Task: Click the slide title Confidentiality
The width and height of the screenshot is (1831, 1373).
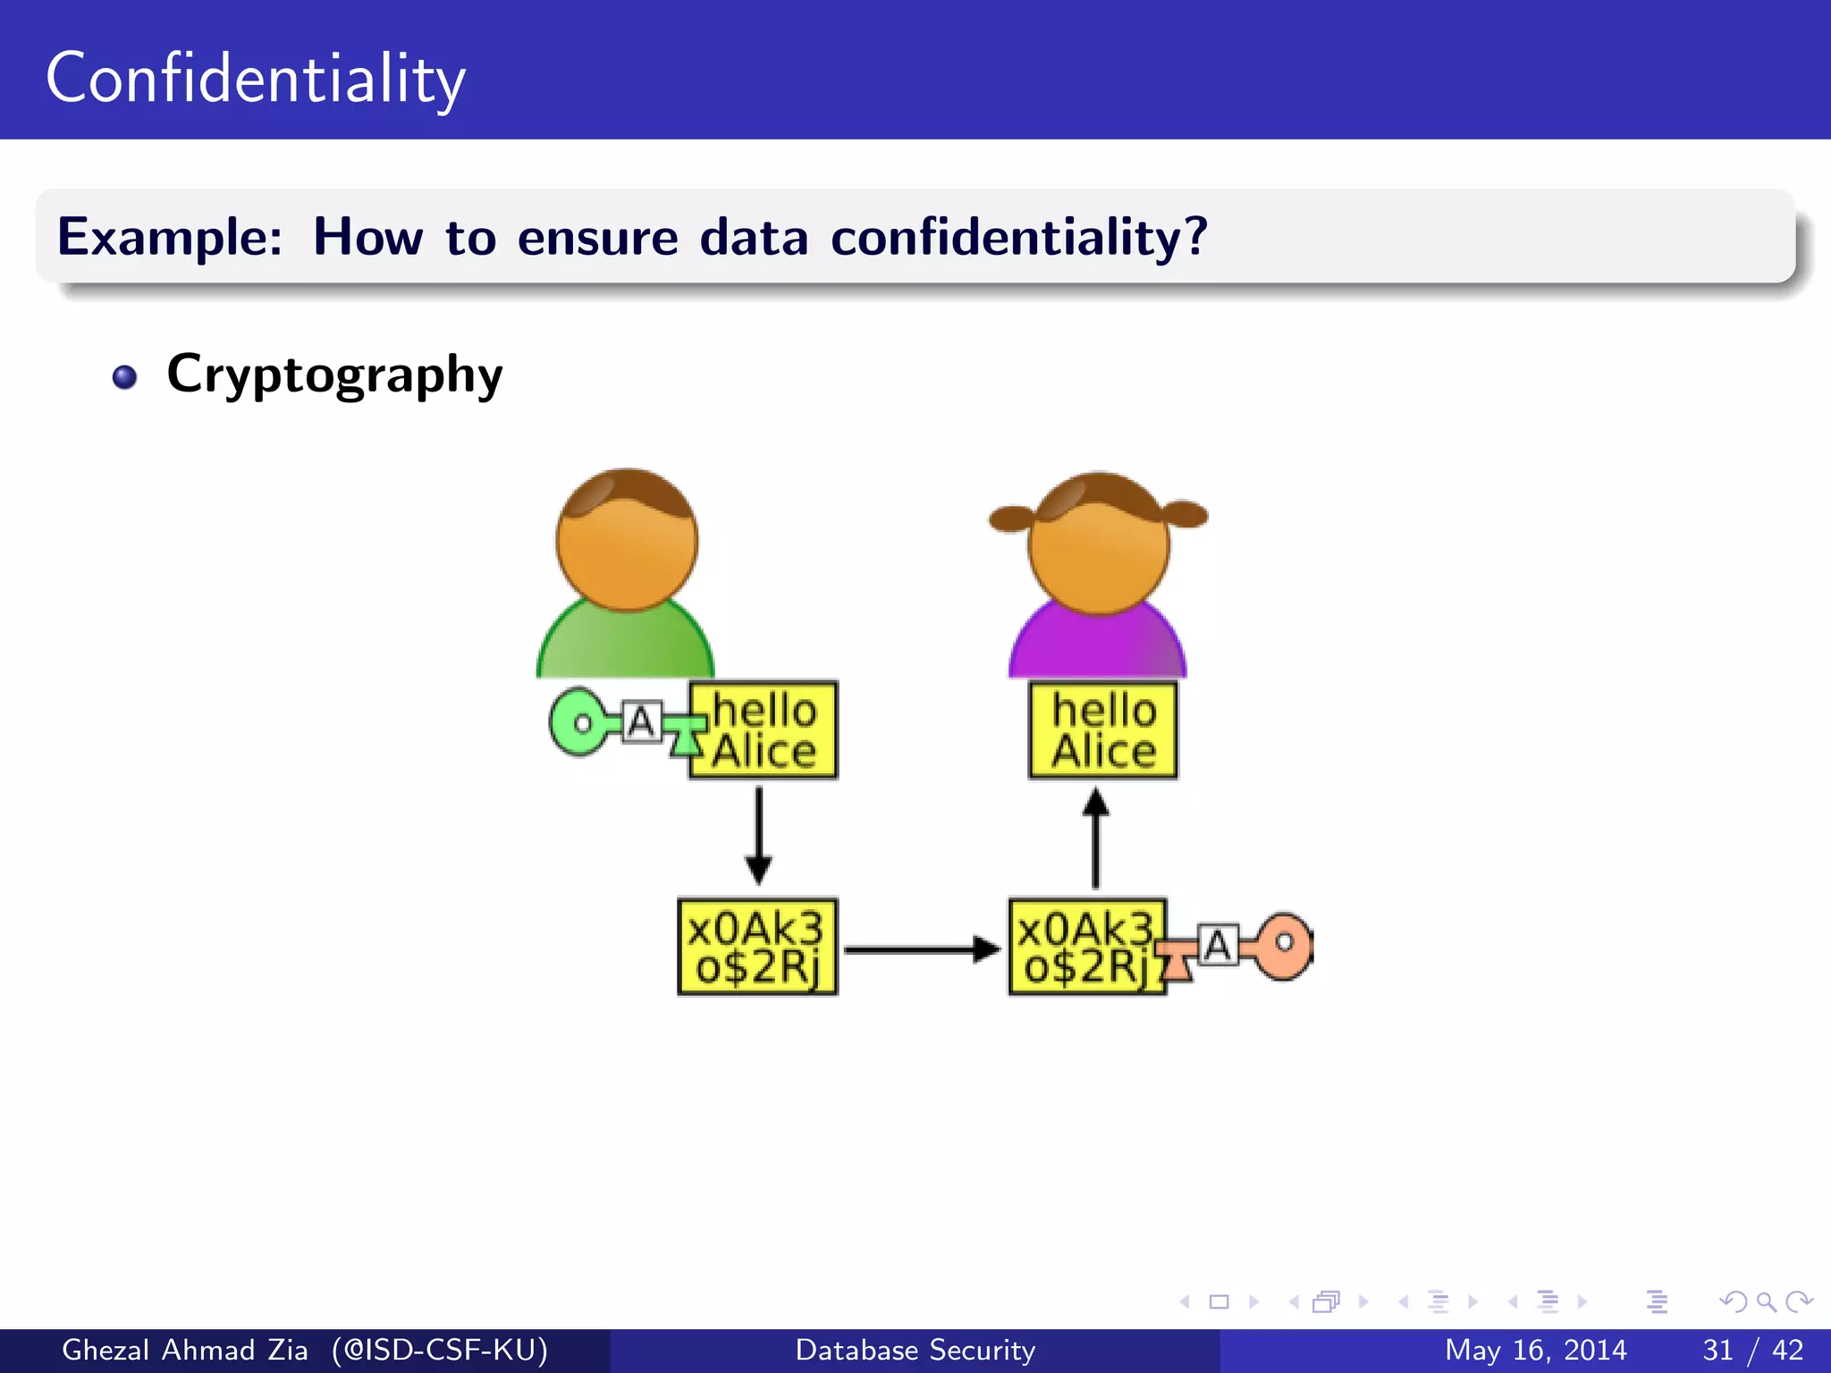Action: click(x=256, y=79)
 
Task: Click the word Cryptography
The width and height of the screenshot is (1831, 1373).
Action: click(x=334, y=375)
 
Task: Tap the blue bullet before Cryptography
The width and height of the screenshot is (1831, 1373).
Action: click(x=125, y=377)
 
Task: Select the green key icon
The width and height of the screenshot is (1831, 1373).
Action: click(x=581, y=722)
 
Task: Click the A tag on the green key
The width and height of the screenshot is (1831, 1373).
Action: click(x=641, y=722)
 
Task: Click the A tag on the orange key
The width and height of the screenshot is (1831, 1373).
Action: click(x=1218, y=946)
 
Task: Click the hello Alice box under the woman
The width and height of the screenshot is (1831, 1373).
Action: click(x=1103, y=730)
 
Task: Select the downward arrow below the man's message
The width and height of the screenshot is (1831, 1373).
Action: click(x=759, y=835)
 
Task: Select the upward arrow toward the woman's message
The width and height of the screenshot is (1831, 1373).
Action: click(x=1096, y=837)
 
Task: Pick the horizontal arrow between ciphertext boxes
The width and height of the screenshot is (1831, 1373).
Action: click(x=921, y=949)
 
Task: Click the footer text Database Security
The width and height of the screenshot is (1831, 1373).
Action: click(x=915, y=1350)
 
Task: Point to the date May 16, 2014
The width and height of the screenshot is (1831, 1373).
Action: click(x=1535, y=1350)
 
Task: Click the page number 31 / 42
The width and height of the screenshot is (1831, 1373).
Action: click(x=1752, y=1350)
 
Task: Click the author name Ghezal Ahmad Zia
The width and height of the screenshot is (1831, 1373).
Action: click(x=184, y=1350)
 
